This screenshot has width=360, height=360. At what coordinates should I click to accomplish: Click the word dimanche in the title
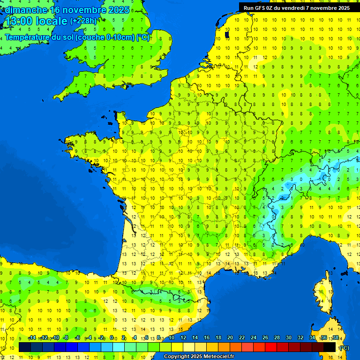(x=26, y=9)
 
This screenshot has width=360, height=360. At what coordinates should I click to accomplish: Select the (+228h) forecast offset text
(x=83, y=21)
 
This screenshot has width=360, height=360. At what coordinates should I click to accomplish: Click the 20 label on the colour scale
(x=230, y=337)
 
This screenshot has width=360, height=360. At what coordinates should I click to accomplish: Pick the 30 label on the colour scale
(x=288, y=337)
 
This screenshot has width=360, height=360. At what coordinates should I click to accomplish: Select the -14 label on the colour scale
(x=32, y=337)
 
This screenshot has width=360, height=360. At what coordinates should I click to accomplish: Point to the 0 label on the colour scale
(x=112, y=337)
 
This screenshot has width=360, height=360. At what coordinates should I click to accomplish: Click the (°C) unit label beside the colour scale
(x=344, y=347)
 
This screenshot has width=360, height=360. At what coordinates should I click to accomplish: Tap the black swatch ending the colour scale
(x=330, y=347)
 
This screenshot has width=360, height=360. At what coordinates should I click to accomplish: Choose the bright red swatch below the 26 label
(x=271, y=347)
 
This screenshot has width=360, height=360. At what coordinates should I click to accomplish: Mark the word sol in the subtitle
(x=68, y=37)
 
